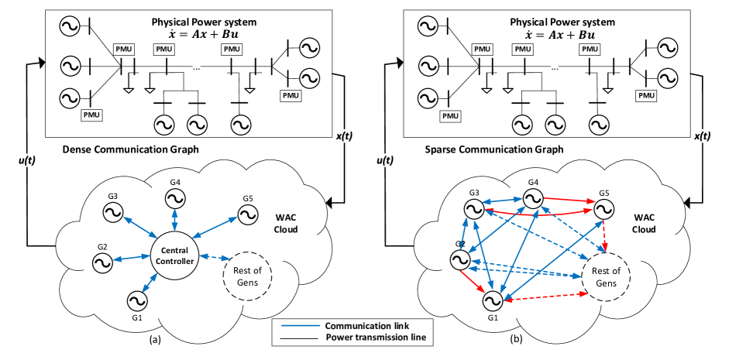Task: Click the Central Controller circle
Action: click(174, 256)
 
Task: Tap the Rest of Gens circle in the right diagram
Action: click(606, 276)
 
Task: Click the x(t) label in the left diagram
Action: click(344, 136)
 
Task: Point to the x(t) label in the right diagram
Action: click(702, 136)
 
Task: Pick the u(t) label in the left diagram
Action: click(27, 160)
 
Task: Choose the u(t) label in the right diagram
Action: click(385, 160)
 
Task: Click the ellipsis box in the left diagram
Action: click(197, 67)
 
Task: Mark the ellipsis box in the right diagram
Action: click(555, 67)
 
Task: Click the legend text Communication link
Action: click(366, 325)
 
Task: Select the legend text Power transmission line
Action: click(375, 338)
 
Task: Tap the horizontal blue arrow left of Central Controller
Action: click(131, 258)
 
